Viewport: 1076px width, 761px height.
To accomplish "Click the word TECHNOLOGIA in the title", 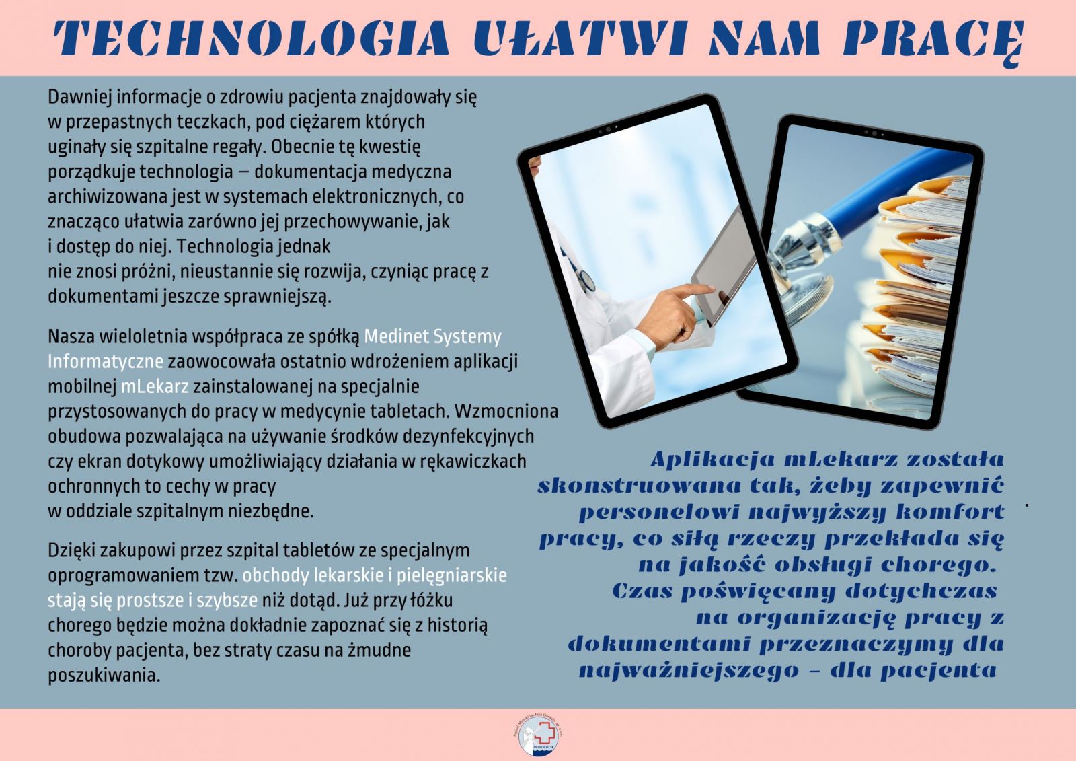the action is [251, 38].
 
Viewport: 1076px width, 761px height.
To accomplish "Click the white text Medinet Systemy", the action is [432, 337].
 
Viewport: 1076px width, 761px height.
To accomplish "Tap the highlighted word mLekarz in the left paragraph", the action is [155, 386].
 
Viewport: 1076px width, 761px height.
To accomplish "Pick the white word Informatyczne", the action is [105, 361].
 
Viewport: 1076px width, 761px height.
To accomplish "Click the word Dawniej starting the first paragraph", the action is [80, 98].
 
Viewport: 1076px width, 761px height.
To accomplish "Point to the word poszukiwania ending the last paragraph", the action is [104, 676].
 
